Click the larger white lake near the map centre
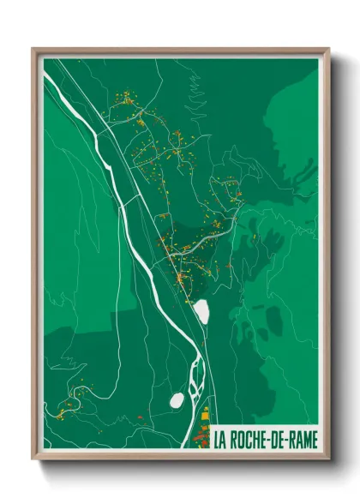pos(201,311)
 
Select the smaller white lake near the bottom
pos(177,400)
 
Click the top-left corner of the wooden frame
pos(33,50)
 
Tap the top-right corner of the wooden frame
pos(328,50)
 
